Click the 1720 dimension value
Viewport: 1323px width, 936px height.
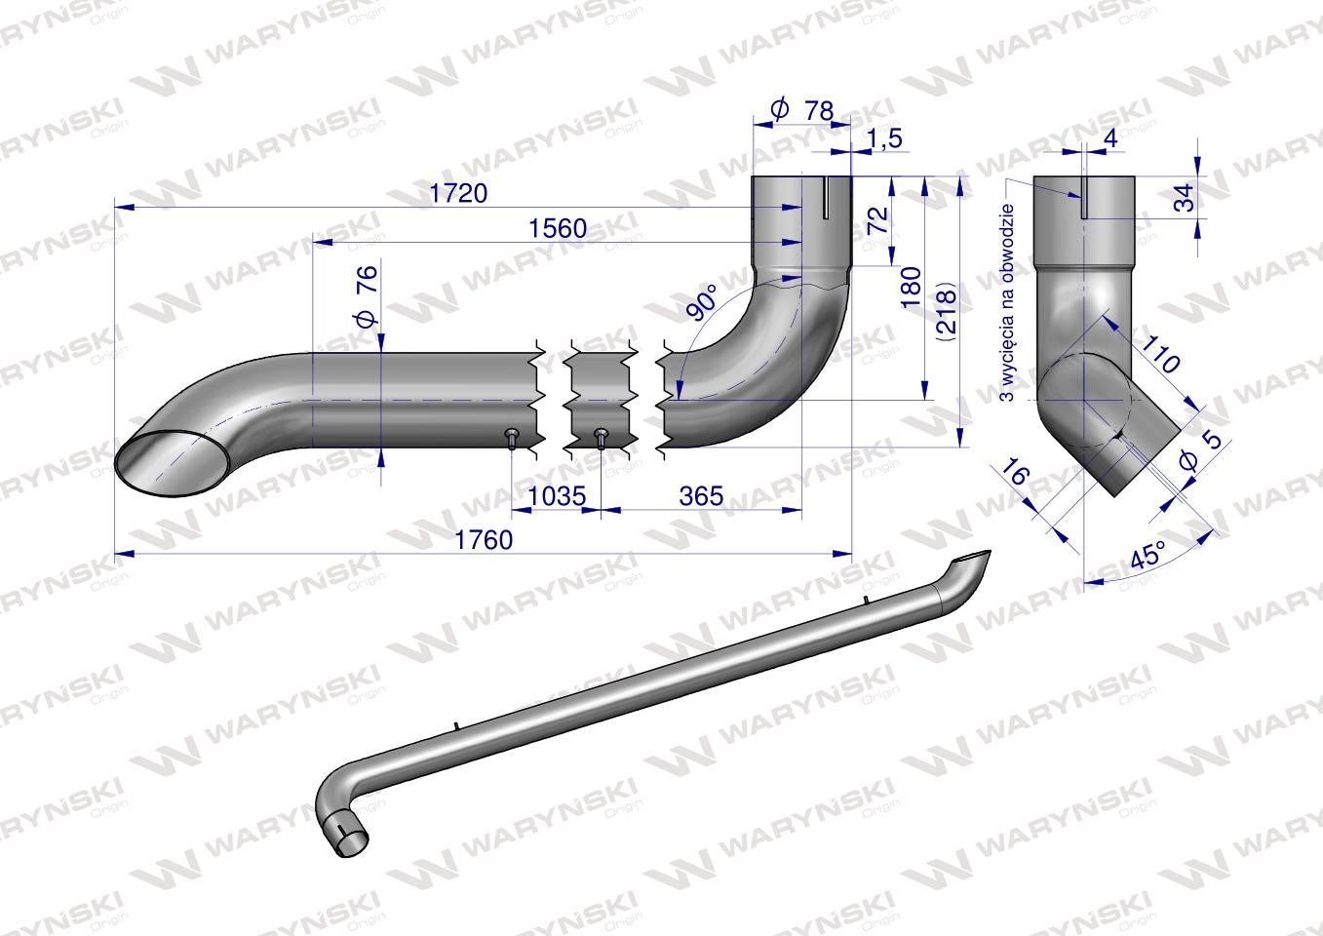pyautogui.click(x=458, y=193)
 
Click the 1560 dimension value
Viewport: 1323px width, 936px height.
pyautogui.click(x=558, y=228)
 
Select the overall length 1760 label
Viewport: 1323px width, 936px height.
pyautogui.click(x=485, y=540)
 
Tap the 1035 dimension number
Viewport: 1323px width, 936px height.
pyautogui.click(x=557, y=496)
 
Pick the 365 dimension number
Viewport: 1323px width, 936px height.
pyautogui.click(x=701, y=496)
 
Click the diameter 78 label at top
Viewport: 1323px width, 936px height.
pyautogui.click(x=804, y=111)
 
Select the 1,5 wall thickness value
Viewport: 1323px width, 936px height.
pyautogui.click(x=883, y=139)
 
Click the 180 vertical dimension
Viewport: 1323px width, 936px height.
pyautogui.click(x=912, y=288)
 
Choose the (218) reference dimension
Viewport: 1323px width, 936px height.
pyautogui.click(x=945, y=312)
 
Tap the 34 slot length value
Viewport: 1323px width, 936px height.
pyautogui.click(x=1183, y=199)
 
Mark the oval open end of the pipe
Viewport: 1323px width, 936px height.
pyautogui.click(x=167, y=458)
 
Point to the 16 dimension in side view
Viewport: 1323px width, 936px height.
pyautogui.click(x=1014, y=477)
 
